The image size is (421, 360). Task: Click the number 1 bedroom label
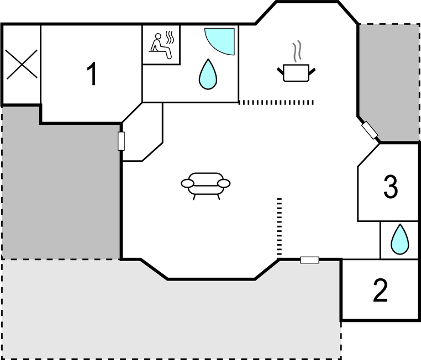[x=92, y=73]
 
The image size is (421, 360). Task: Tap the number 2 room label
[x=381, y=290]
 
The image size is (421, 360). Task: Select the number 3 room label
[x=391, y=187]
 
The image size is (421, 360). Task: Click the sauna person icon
[x=161, y=46]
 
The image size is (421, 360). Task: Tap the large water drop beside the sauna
[x=208, y=75]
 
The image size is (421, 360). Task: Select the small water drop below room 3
[x=400, y=239]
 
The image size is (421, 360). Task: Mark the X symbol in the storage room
[x=22, y=65]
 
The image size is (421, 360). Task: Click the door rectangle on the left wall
[x=121, y=141]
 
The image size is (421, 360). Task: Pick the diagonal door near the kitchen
[x=370, y=130]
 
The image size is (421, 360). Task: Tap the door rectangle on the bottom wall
[x=309, y=260]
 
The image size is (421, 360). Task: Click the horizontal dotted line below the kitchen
[x=276, y=102]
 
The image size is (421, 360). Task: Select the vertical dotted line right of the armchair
[x=279, y=227]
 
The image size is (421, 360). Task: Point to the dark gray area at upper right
[x=390, y=81]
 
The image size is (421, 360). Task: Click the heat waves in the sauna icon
[x=170, y=38]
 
